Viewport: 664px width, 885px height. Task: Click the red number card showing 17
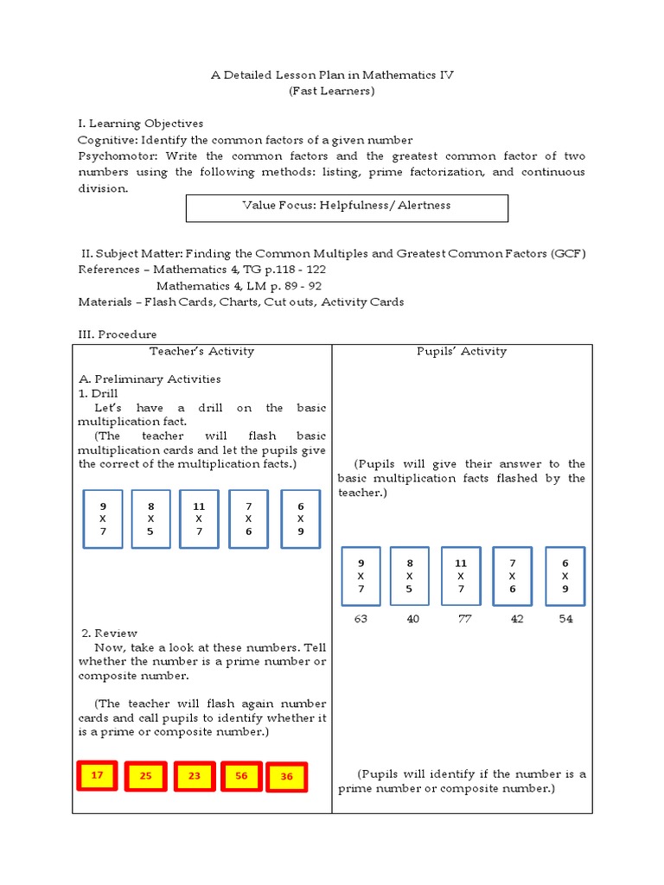pos(98,775)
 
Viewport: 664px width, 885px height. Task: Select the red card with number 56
pos(241,776)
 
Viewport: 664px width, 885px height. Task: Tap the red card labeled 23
pos(195,776)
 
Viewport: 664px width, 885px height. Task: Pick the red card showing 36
pos(287,777)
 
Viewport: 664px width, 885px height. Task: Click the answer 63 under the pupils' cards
pos(361,619)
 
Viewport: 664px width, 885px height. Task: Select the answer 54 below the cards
pos(565,619)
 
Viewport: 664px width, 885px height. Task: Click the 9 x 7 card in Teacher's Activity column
pos(103,519)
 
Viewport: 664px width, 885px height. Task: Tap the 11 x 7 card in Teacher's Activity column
pos(199,519)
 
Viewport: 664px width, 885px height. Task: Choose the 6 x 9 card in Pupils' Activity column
pos(565,576)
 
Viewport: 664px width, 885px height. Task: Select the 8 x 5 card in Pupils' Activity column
pos(410,576)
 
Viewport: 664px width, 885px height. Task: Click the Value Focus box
pos(347,207)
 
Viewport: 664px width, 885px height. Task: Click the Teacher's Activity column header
pos(201,351)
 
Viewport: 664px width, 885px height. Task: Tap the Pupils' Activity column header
pos(462,351)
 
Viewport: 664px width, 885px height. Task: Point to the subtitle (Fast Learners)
pos(332,91)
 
